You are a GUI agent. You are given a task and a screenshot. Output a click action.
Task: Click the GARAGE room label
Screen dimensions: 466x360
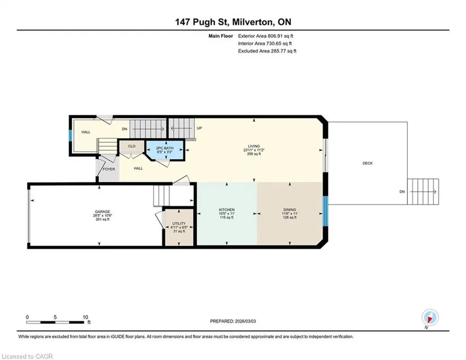point(103,212)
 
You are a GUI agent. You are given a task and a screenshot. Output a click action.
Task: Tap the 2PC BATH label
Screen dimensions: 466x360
point(164,148)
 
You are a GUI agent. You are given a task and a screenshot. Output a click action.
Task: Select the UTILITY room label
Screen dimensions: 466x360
point(179,223)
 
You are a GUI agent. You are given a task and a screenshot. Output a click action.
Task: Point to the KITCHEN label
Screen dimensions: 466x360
point(227,210)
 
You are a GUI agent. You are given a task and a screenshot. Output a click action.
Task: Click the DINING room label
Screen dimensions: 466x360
point(290,210)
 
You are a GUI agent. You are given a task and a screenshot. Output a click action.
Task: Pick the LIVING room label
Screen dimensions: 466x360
point(254,146)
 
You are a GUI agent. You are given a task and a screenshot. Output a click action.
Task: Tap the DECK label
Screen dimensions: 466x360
point(368,163)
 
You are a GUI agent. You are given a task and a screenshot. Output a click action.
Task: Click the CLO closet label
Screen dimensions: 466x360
point(132,146)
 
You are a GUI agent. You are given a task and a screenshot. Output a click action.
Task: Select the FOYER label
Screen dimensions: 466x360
point(109,169)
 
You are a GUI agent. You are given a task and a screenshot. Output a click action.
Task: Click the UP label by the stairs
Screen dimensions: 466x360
point(199,128)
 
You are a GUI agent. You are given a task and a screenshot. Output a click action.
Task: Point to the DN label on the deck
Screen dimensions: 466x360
point(402,192)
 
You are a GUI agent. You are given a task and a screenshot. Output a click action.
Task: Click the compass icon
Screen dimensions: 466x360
point(430,318)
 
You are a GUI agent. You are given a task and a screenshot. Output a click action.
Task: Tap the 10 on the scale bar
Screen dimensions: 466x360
point(85,317)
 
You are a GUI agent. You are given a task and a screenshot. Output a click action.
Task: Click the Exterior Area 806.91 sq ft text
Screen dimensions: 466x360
point(265,36)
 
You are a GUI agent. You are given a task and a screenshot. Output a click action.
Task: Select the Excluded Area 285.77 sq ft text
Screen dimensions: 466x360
point(267,51)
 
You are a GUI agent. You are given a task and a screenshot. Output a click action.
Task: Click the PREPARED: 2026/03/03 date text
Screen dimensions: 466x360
point(233,321)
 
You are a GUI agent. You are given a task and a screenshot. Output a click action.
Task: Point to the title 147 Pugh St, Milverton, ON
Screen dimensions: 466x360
point(233,22)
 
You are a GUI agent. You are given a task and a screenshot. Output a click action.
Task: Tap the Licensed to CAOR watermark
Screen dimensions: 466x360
point(27,357)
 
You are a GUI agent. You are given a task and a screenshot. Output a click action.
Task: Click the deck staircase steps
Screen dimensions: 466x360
point(423,191)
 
